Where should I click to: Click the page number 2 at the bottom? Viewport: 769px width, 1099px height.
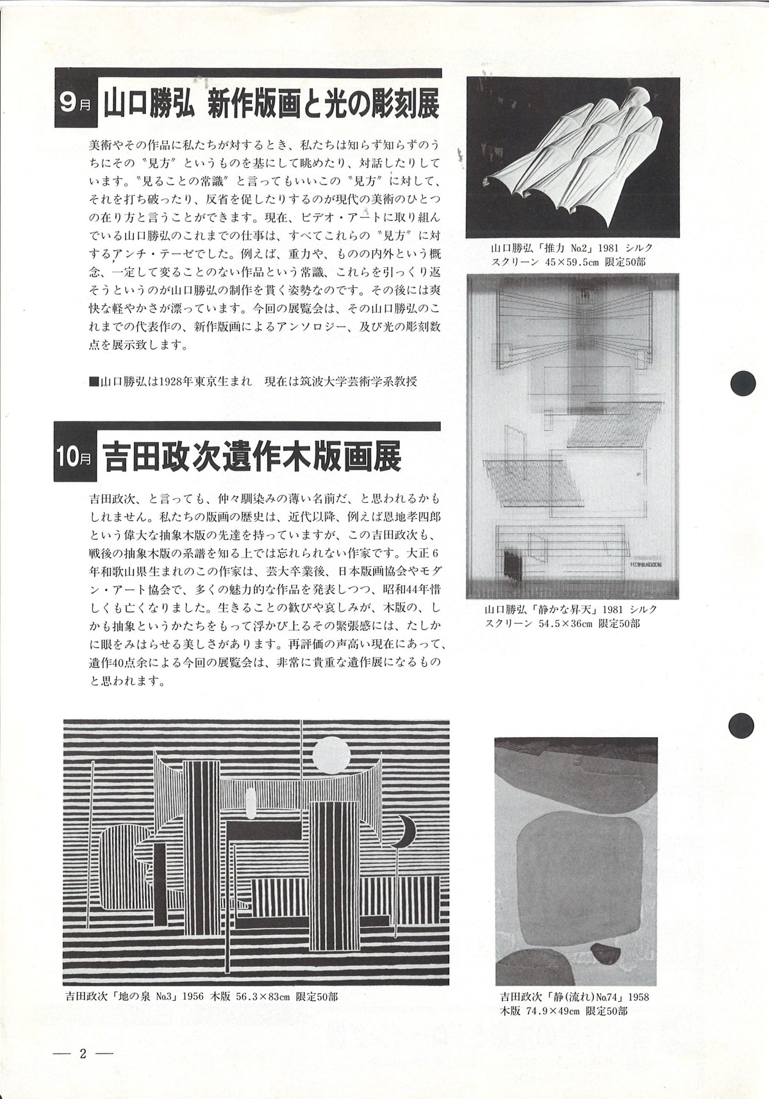(x=83, y=1054)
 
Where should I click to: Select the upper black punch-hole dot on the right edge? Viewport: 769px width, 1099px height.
(x=743, y=384)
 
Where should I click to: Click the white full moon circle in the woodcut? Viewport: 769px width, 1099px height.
(x=332, y=755)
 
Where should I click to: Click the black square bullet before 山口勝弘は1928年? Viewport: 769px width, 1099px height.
(x=94, y=382)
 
